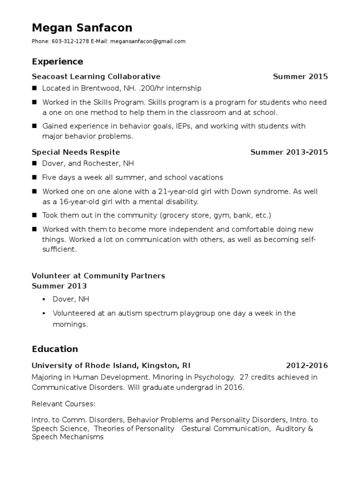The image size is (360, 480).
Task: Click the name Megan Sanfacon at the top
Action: coord(82,28)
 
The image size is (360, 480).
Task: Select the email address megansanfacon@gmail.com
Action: coord(148,41)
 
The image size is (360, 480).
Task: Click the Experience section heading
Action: coord(57,61)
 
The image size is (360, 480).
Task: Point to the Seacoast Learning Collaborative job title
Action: coord(96,76)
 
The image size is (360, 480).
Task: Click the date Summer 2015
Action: coord(300,76)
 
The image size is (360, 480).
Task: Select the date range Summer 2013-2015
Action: coord(289,152)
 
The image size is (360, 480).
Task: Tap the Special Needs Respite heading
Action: coord(76,152)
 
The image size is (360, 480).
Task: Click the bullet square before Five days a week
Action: coord(34,178)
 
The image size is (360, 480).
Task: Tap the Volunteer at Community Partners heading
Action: coord(98,276)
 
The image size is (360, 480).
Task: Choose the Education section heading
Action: coord(55,349)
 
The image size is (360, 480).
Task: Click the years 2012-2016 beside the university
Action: coord(307,366)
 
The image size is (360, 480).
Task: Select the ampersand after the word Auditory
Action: coord(310,429)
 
